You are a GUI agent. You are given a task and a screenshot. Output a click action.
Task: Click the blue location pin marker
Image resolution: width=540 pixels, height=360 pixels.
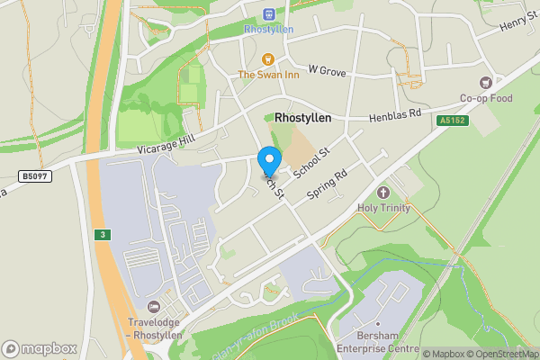[268, 162]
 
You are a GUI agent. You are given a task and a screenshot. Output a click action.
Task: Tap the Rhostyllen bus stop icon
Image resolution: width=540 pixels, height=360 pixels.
[268, 14]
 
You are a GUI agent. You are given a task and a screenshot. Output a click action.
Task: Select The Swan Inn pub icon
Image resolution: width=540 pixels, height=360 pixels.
[267, 59]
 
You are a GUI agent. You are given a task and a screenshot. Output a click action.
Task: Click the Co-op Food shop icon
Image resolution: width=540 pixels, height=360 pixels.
[487, 82]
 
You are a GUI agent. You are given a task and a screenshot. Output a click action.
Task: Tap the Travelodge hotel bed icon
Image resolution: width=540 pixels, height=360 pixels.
[154, 308]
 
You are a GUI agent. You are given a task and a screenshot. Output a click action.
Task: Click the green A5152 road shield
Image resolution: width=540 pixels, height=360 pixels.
[454, 121]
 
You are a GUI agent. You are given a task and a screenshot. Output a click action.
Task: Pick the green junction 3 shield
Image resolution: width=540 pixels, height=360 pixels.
[103, 234]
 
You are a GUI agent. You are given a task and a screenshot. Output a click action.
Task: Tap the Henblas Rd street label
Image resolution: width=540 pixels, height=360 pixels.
[395, 116]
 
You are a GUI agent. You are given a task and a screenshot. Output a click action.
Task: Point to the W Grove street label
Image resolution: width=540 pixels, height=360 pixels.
[327, 68]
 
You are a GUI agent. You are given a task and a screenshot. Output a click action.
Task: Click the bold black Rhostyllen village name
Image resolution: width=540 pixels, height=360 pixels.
[302, 118]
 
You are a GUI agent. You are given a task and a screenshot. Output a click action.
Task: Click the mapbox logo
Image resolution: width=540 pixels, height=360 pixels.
[40, 348]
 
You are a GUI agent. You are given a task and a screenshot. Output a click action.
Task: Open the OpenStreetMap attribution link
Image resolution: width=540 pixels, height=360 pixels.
[501, 354]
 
